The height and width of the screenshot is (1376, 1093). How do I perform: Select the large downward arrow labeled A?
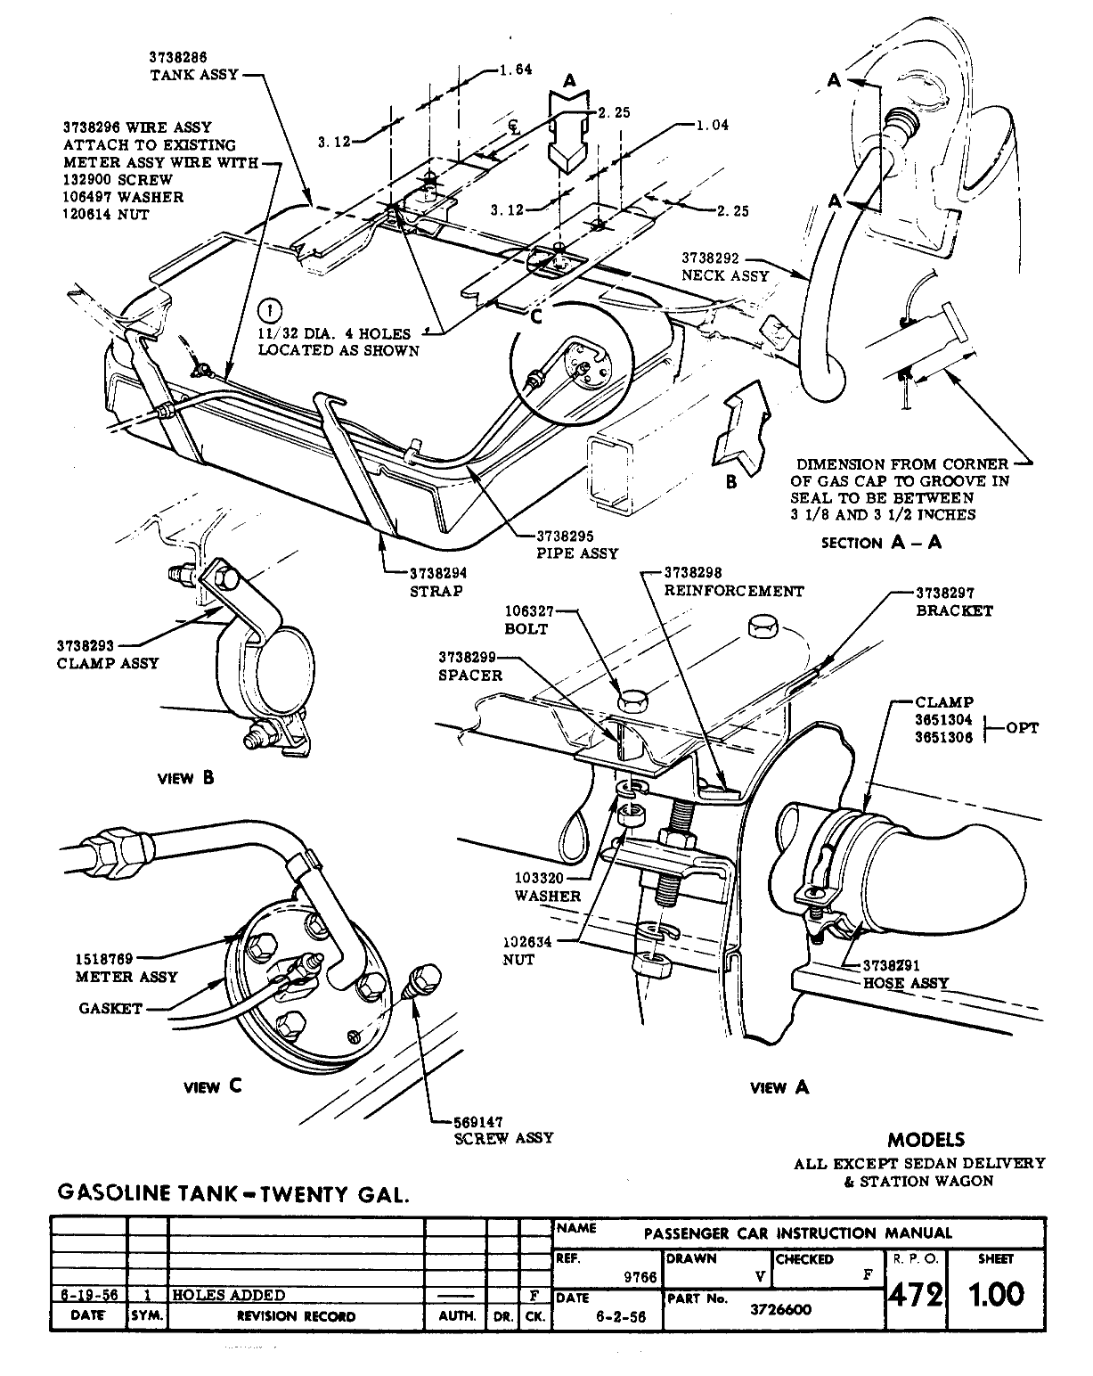(570, 129)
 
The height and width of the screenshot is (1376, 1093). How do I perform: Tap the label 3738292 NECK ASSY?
(724, 266)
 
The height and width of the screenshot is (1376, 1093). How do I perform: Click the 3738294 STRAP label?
(438, 582)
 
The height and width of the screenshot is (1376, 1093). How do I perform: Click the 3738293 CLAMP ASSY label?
(107, 654)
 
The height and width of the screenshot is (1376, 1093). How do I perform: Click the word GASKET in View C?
(110, 1009)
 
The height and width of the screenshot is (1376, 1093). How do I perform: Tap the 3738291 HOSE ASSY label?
(905, 974)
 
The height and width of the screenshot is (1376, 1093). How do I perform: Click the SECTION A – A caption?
(881, 543)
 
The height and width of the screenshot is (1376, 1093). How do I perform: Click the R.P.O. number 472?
(915, 1294)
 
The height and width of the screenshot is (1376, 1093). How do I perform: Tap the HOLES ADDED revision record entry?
(228, 1295)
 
